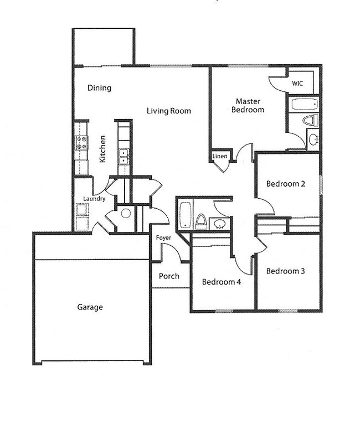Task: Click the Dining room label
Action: click(x=100, y=87)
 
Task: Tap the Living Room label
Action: click(x=169, y=111)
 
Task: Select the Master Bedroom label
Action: click(x=250, y=105)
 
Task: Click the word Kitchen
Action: click(x=102, y=149)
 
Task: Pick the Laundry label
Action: click(x=94, y=198)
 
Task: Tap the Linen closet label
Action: click(x=220, y=157)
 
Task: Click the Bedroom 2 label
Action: click(x=286, y=184)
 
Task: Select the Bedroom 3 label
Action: click(x=286, y=271)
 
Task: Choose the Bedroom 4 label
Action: click(x=221, y=282)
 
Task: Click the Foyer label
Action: click(x=163, y=238)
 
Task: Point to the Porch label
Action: click(x=169, y=276)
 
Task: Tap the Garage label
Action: click(x=90, y=307)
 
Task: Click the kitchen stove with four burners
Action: click(x=81, y=143)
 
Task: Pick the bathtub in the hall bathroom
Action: click(x=184, y=215)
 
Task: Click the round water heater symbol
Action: click(x=126, y=214)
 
